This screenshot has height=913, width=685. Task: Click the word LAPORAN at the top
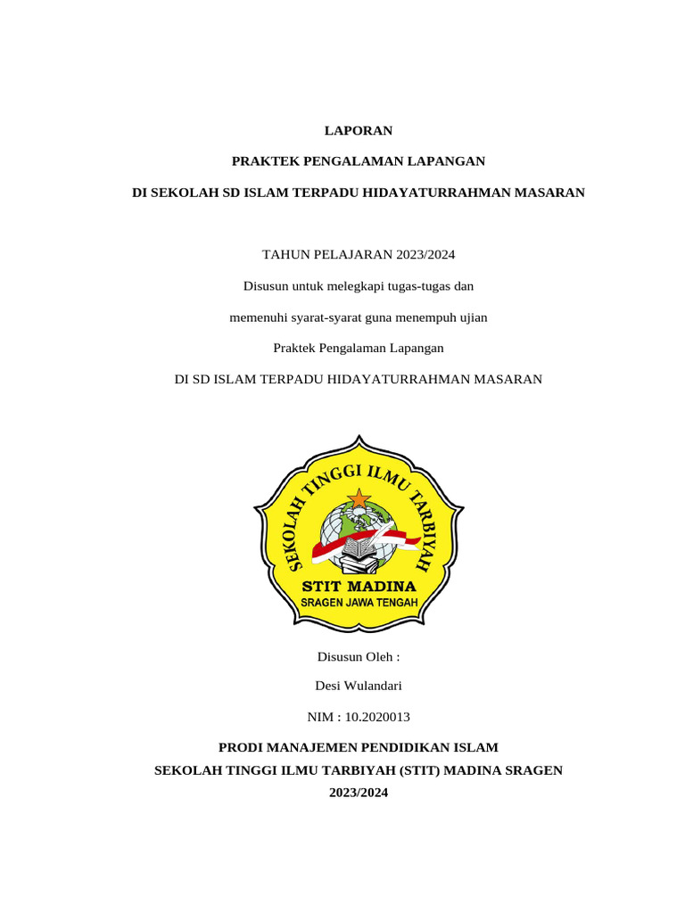click(x=358, y=131)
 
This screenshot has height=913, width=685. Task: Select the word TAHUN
click(x=283, y=255)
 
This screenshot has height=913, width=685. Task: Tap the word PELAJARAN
click(x=348, y=255)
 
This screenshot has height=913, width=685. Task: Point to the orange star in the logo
click(x=358, y=498)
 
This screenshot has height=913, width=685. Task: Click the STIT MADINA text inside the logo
click(x=359, y=587)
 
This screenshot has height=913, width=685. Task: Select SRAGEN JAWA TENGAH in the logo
click(x=359, y=603)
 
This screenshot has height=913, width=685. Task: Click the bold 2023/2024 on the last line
click(x=359, y=793)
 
